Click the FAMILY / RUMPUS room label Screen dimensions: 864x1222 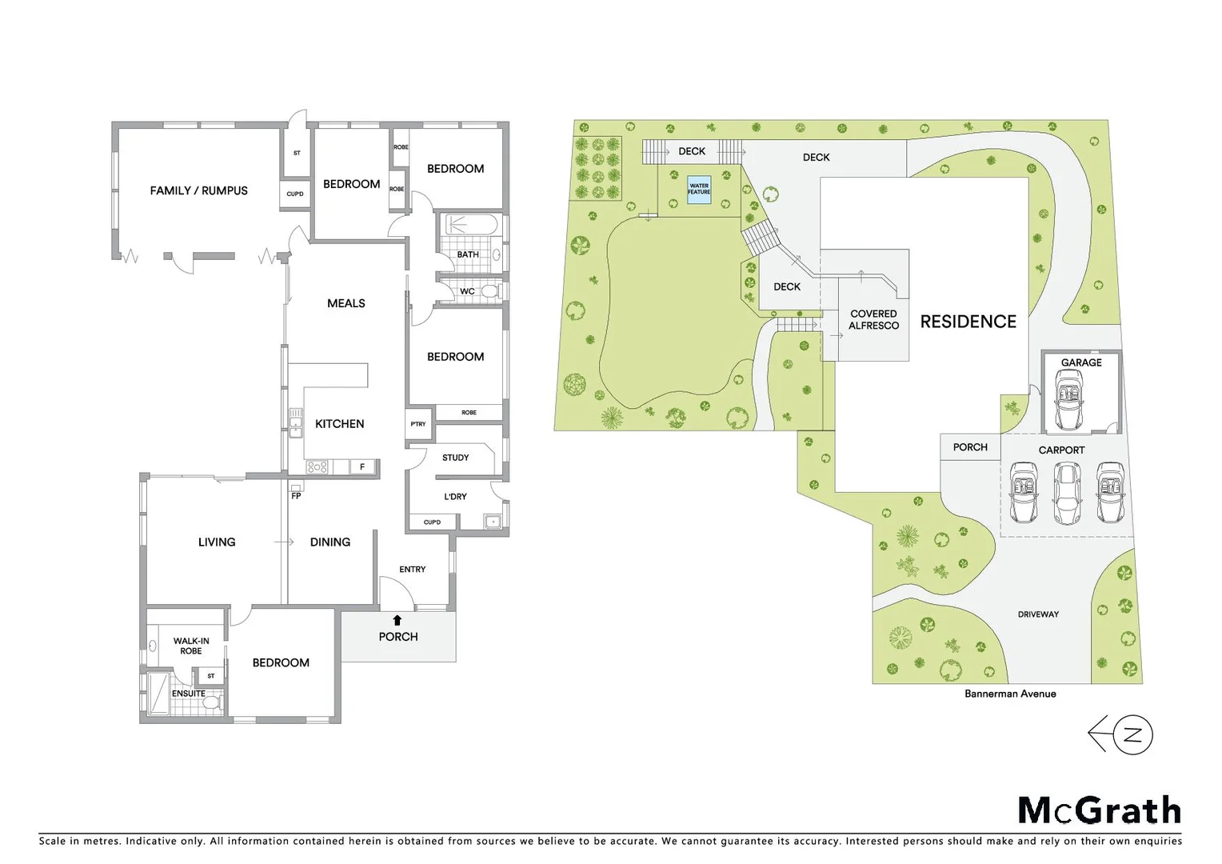click(198, 190)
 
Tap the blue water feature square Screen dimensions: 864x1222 click(699, 189)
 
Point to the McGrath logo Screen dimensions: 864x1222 click(1099, 810)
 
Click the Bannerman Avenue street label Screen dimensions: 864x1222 click(1009, 694)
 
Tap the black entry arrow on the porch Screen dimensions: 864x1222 click(397, 620)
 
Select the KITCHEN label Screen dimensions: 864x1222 click(339, 424)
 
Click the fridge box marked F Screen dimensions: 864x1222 click(362, 466)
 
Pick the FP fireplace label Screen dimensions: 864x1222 click(296, 496)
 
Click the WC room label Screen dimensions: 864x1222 click(467, 291)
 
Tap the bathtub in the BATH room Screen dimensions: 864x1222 click(471, 226)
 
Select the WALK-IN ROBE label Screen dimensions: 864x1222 click(191, 646)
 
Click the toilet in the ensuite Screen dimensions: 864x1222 click(212, 703)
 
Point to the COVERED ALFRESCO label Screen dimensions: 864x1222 click(873, 319)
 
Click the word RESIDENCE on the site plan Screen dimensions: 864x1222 click(968, 322)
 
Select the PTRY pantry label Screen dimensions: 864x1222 click(418, 424)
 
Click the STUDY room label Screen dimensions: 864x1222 click(455, 458)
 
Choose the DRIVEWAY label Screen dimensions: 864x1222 click(1038, 614)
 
